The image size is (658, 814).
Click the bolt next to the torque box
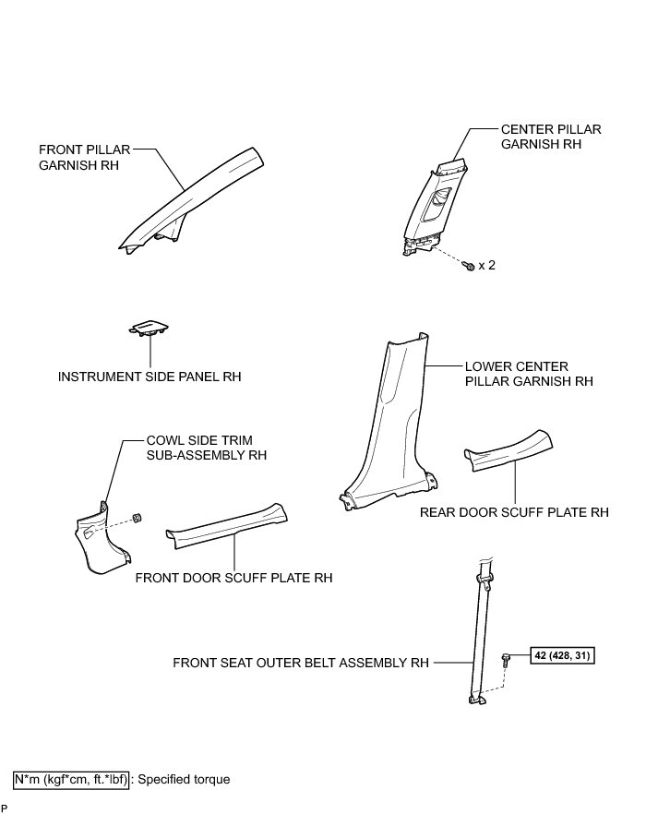(x=506, y=660)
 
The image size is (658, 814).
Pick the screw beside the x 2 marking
(x=469, y=266)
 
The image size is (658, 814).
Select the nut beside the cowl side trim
(x=135, y=517)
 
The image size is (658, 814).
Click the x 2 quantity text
(x=486, y=266)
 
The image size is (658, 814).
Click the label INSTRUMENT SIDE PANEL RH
(x=150, y=377)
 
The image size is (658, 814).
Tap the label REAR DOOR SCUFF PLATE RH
(x=514, y=511)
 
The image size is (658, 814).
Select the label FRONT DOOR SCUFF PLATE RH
(x=233, y=578)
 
